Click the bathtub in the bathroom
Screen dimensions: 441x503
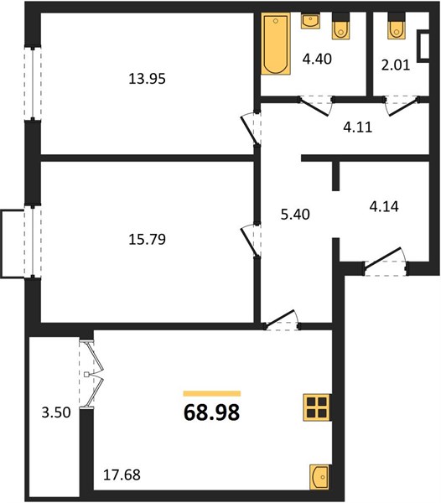[276, 44]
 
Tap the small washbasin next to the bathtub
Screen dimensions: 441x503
[310, 21]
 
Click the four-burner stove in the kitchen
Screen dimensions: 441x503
[317, 407]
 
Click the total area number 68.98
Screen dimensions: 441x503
[211, 412]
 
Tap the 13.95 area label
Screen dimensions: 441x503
[148, 79]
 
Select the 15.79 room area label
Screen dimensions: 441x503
[148, 239]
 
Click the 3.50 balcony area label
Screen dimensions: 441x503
[56, 412]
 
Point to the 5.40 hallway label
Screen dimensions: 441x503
[295, 215]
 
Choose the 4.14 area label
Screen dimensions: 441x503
[384, 206]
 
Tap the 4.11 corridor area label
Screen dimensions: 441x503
[358, 127]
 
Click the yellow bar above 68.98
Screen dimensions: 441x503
[212, 394]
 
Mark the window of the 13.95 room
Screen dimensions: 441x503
[33, 83]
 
